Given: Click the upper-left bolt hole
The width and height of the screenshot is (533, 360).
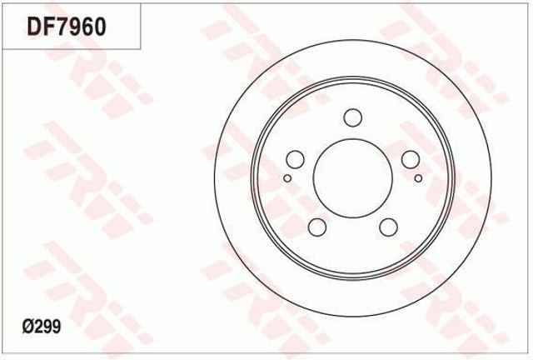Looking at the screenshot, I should [295, 158].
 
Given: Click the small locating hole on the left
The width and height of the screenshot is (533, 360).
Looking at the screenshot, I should [286, 177].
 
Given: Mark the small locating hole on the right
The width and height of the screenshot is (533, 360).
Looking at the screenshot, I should [418, 177].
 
